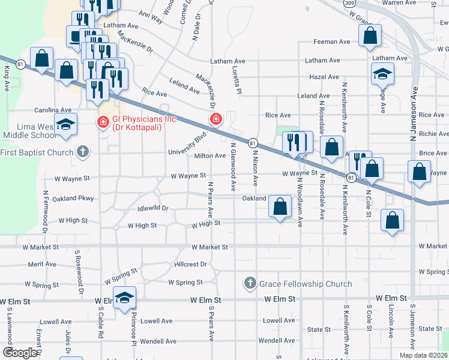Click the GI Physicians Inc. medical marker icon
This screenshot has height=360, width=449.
103,122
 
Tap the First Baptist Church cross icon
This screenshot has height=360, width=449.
83,152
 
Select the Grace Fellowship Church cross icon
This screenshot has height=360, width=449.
250,283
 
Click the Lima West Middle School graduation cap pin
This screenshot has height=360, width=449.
65,125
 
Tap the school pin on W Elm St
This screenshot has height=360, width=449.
124,298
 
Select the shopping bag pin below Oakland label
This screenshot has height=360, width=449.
280,207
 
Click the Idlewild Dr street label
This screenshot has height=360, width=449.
152,208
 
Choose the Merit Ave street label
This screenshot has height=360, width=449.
41,264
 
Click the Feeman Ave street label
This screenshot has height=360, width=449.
332,42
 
